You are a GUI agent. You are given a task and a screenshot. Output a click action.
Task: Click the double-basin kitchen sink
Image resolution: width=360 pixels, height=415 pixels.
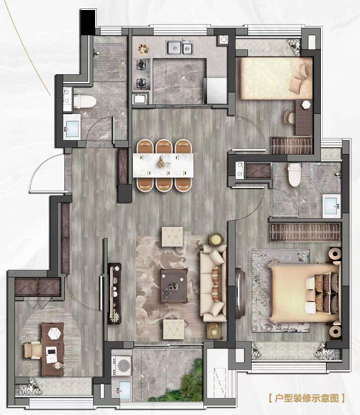point(180,48)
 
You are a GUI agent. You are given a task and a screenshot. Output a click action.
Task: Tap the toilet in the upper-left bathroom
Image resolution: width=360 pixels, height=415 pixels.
point(84,102)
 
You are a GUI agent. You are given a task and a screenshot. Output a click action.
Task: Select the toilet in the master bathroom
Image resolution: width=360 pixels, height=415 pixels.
point(294,174)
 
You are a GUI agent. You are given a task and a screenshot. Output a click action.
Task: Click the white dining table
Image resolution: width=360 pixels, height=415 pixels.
point(163,165)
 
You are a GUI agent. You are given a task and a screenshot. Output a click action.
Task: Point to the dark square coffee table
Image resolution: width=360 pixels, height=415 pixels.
point(174,286)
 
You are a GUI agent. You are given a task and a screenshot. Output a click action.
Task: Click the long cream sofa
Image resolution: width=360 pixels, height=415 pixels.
point(213,282)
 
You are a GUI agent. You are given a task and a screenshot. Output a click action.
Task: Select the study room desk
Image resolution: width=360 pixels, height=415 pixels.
point(53,349)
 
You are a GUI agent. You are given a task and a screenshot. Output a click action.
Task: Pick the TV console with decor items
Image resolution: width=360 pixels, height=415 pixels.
point(114,293)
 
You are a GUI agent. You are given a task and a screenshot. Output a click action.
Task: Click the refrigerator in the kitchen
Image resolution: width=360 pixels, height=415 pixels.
point(217,91)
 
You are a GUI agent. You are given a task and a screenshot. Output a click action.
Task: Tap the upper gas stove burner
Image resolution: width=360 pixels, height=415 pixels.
point(140,64)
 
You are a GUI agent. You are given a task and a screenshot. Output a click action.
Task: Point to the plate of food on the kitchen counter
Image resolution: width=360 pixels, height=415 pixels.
point(143,49)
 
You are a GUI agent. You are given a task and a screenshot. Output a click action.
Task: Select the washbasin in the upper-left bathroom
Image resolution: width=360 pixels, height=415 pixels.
point(72,128)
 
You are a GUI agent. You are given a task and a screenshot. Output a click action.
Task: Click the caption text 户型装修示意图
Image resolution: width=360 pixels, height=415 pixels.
point(307,398)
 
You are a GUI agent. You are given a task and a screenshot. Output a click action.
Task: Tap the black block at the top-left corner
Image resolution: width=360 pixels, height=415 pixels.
point(88,22)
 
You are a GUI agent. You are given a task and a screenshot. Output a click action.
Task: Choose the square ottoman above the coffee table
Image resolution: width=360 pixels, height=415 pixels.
point(173,236)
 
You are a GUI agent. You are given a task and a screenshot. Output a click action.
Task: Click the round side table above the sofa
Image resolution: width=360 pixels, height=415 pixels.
point(216,239)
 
